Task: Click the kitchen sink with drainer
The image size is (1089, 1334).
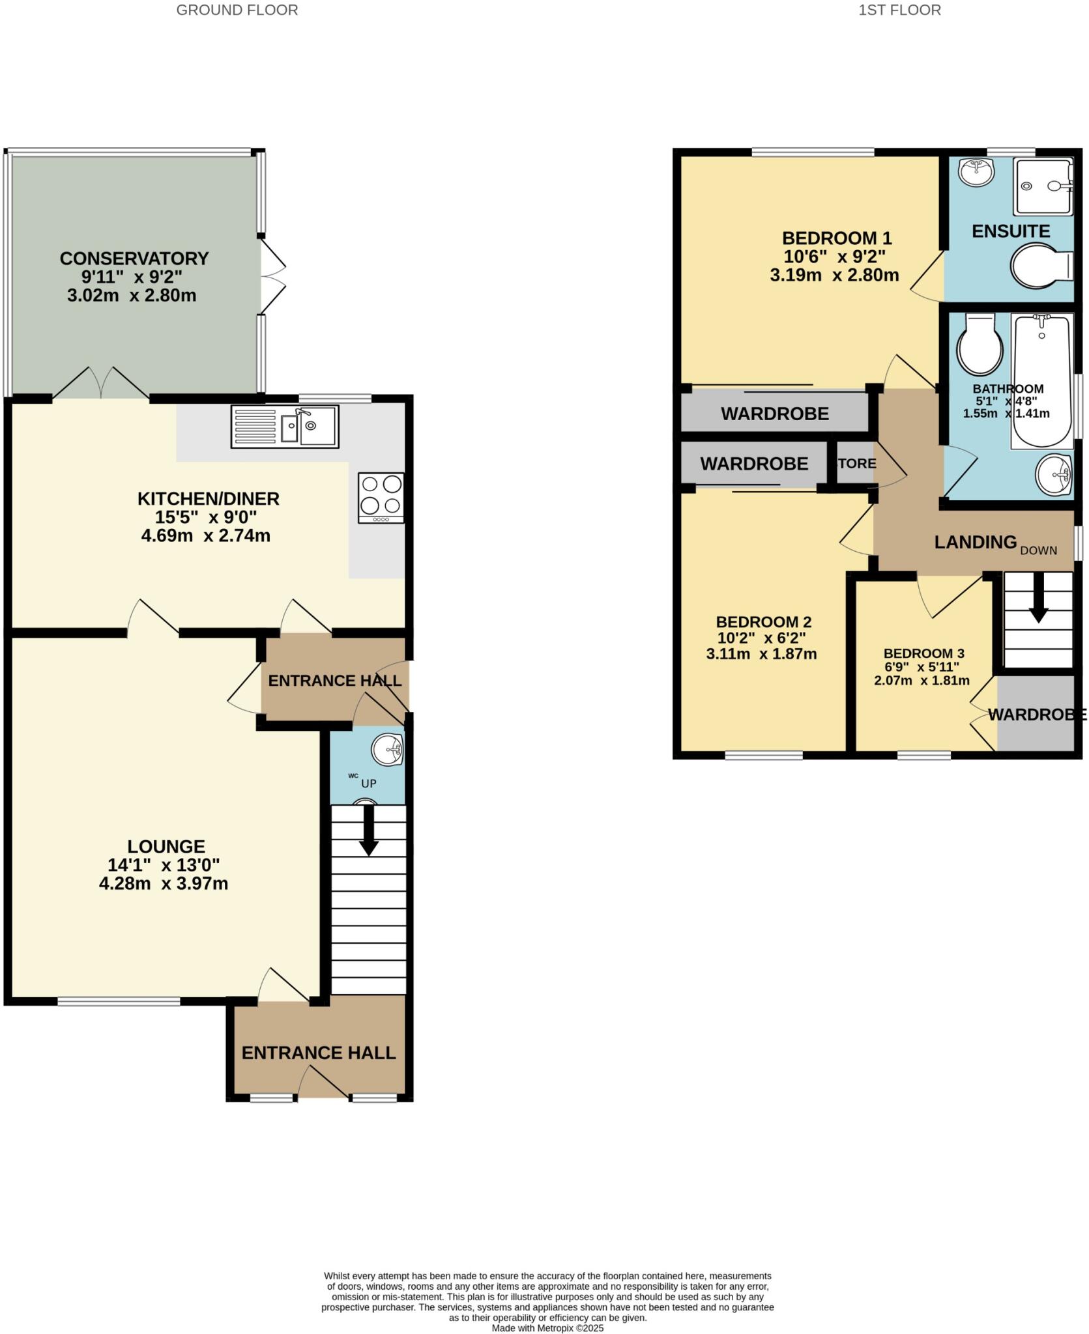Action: pos(285,427)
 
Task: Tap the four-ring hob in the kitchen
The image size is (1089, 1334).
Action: pos(381,498)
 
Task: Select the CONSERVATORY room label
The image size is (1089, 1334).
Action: pos(134,259)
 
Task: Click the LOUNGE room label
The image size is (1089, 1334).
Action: pos(166,846)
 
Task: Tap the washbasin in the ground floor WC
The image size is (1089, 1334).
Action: pos(388,750)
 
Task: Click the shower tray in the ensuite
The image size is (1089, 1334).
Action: pos(1043,187)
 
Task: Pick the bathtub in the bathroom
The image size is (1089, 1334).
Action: pos(1041,381)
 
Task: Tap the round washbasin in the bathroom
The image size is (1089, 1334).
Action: pos(1053,474)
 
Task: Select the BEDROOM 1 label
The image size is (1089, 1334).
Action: pos(836,238)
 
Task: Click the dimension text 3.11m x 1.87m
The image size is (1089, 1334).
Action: pos(761,654)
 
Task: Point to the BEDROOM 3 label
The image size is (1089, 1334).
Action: pos(923,653)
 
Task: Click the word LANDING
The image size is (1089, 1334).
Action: pos(975,542)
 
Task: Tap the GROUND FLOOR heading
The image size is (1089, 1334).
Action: pos(237,10)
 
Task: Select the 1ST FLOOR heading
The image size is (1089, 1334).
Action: pos(899,10)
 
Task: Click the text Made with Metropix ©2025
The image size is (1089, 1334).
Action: pos(547,1328)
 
